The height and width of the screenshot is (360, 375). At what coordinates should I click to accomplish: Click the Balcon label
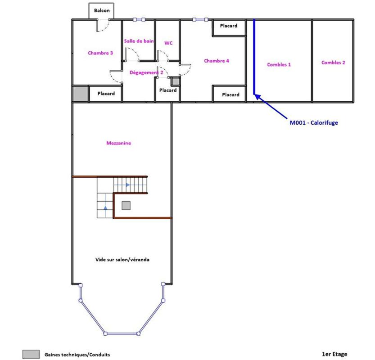(102, 10)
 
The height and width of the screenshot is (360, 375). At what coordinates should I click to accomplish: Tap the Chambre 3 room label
(100, 53)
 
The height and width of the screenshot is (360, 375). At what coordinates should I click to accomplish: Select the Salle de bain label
(139, 41)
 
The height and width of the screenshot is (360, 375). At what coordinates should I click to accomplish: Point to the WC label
(168, 43)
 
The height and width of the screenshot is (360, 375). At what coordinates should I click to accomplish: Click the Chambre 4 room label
(217, 61)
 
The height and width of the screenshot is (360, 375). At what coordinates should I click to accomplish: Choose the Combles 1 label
(279, 64)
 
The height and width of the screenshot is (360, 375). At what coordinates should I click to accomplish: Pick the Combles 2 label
(333, 63)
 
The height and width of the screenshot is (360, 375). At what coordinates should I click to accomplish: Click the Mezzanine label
(119, 143)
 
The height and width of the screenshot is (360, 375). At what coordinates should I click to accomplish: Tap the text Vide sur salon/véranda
(122, 260)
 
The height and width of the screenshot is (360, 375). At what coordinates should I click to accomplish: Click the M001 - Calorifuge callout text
(314, 123)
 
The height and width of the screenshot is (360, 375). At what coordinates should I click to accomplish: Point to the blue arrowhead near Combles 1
(258, 97)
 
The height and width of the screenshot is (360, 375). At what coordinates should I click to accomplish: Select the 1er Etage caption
(334, 354)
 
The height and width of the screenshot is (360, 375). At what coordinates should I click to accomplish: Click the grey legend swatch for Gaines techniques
(31, 354)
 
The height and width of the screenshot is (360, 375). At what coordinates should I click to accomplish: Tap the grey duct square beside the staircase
(126, 206)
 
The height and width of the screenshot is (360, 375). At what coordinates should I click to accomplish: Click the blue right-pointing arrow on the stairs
(128, 185)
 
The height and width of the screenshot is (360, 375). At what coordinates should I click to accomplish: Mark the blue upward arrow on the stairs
(105, 208)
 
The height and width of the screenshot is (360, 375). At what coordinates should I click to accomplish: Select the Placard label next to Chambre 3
(106, 94)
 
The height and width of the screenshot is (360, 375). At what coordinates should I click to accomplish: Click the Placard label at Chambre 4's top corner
(229, 26)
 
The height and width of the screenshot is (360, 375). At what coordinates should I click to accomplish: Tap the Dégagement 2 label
(146, 72)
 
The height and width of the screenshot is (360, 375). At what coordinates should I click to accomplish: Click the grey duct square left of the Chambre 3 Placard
(80, 94)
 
